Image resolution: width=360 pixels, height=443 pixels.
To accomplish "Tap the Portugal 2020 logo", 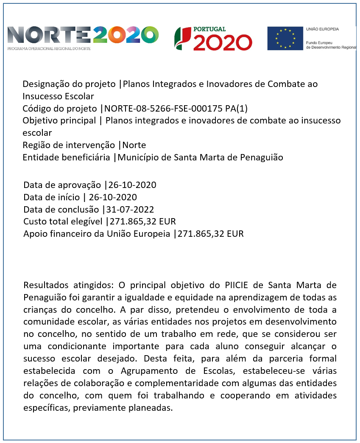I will pos(213,38).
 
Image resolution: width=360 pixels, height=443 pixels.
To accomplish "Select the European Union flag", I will pos(285,38).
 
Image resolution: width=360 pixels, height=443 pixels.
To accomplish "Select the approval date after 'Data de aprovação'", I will pos(132,185).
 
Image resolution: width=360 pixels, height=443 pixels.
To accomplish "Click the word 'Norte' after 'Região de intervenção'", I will pos(134,145).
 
